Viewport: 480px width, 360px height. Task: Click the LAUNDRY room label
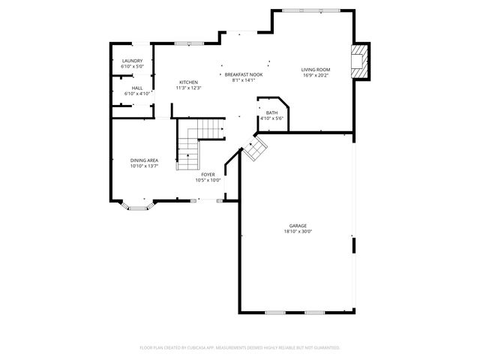pos(132,61)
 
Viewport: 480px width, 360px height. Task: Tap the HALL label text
pos(137,88)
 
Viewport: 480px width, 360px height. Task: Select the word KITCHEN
pos(188,82)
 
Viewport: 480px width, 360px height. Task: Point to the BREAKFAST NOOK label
pos(244,74)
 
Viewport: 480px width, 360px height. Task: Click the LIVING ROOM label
pos(316,70)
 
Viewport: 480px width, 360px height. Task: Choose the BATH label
pos(271,112)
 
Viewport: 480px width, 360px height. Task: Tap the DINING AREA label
pos(144,160)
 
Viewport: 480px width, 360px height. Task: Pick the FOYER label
pos(208,175)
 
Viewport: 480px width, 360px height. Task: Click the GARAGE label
pos(298,226)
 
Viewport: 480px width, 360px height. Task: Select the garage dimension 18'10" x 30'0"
pos(298,232)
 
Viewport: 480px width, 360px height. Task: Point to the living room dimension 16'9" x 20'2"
pos(316,75)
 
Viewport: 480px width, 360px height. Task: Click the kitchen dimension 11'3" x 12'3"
pos(188,88)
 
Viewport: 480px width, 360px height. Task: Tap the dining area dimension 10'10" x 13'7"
pos(144,166)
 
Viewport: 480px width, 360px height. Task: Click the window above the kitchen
pos(189,43)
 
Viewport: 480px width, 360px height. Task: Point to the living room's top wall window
pos(308,10)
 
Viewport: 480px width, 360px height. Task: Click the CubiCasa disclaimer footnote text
pos(240,347)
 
